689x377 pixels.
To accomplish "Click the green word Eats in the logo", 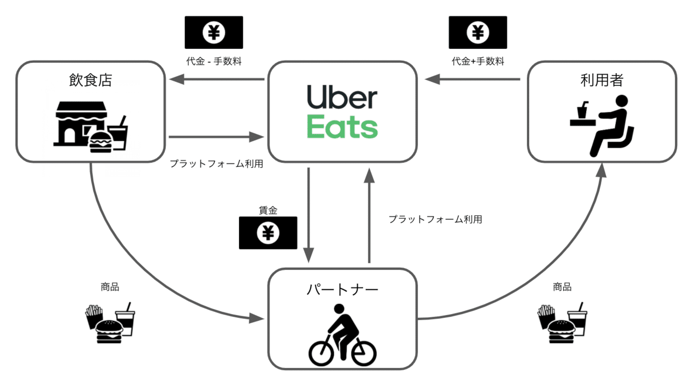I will click(342, 127).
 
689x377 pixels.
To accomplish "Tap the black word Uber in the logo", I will click(342, 98).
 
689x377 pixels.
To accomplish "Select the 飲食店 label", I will click(90, 81).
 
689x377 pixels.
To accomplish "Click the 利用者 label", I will click(601, 81).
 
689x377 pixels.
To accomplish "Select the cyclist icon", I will click(342, 335).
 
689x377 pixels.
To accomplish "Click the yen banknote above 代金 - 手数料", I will click(214, 33).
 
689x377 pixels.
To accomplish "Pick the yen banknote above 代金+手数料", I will click(477, 33).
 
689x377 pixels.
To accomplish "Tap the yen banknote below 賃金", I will click(268, 233).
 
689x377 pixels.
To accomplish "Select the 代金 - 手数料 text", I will click(214, 61).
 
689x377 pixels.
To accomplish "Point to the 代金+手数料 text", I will click(477, 61).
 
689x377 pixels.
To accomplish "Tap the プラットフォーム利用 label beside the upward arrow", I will click(435, 219).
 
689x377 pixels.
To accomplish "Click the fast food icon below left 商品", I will click(110, 323).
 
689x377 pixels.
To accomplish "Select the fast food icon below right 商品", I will click(562, 323).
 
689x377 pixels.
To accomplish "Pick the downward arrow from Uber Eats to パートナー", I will click(308, 215).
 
